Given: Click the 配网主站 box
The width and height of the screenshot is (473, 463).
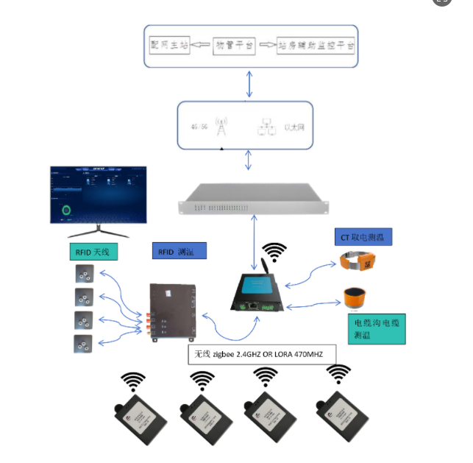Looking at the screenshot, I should [169, 46].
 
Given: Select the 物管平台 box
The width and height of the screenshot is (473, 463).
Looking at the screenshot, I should [234, 46].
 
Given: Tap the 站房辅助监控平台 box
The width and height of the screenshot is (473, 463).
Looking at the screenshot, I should [316, 46].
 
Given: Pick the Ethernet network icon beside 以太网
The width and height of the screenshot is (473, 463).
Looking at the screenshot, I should [266, 127].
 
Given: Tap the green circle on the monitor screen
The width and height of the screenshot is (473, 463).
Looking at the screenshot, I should [67, 211].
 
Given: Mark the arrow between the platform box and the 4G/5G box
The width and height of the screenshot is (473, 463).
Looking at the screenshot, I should [250, 82].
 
